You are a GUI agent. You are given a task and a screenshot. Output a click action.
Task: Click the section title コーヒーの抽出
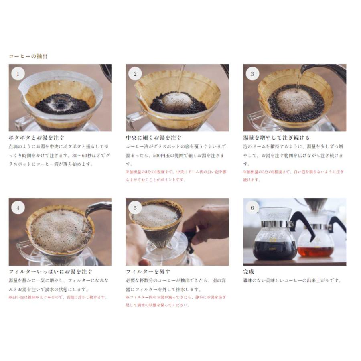(x=28, y=56)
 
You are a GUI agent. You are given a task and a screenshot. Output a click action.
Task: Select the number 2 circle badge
(x=135, y=74)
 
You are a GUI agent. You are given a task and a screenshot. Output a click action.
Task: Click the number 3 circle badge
(x=252, y=74)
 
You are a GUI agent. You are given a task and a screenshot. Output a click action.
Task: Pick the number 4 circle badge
(x=18, y=208)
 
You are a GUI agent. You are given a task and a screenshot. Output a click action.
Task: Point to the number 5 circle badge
(x=135, y=208)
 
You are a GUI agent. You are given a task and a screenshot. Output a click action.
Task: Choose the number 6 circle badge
(x=252, y=208)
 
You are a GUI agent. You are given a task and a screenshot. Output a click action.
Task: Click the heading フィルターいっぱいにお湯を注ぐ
(x=51, y=272)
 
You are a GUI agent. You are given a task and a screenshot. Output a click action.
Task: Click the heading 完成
(x=249, y=272)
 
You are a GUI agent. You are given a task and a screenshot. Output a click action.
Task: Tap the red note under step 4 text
(x=58, y=297)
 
